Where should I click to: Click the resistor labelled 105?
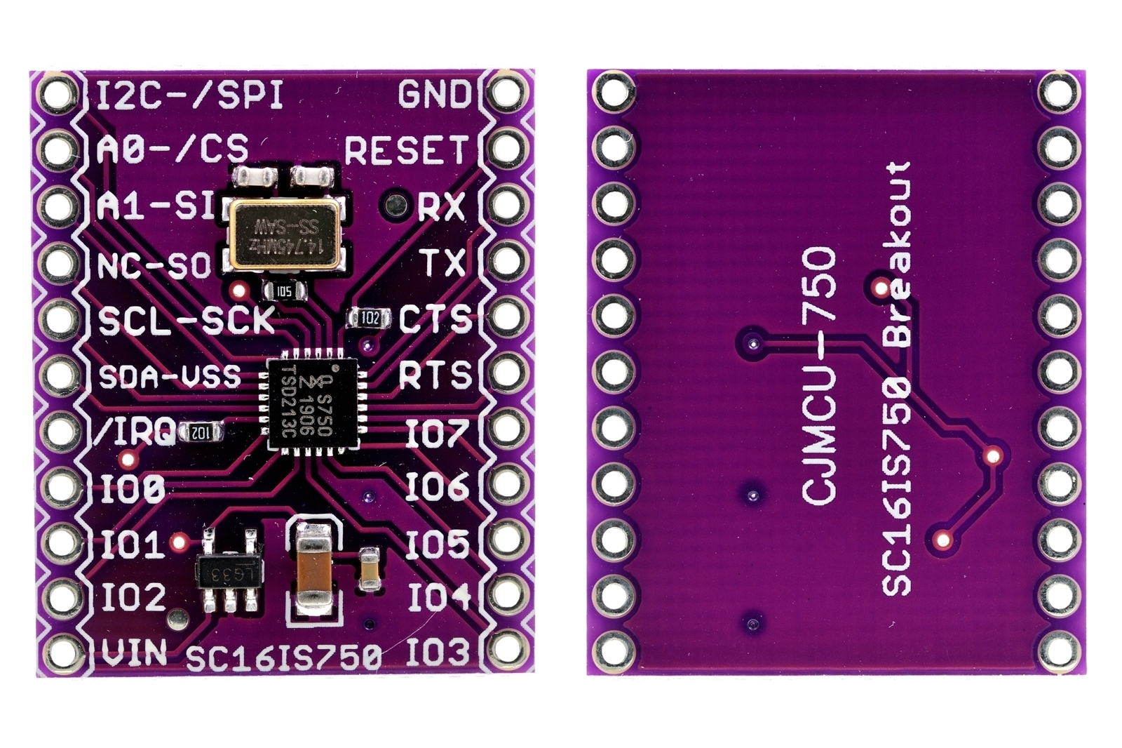coord(284,290)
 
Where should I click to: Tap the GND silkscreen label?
coord(435,95)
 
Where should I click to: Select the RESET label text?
coord(406,151)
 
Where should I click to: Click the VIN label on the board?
coord(134,653)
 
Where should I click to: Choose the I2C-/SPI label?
coord(189,95)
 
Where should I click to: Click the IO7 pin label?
coord(436,434)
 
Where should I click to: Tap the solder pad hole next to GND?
coord(506,92)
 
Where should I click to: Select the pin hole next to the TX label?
coord(506,261)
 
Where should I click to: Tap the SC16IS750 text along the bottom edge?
coord(284,657)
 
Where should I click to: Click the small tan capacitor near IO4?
coord(370,568)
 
